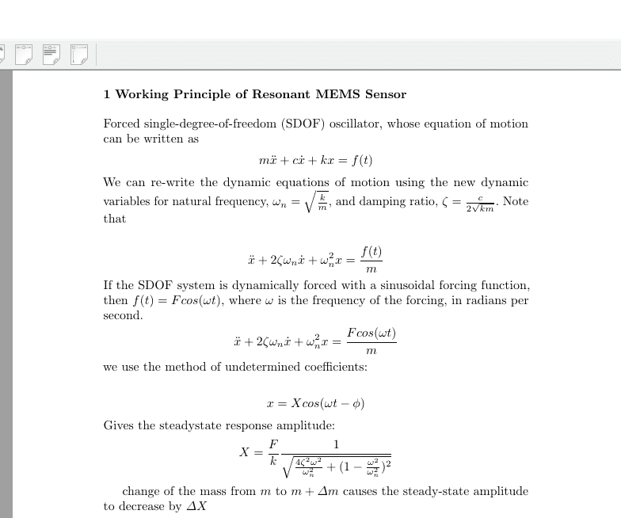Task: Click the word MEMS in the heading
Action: click(338, 94)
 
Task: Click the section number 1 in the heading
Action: click(107, 94)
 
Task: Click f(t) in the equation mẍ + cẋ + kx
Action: click(361, 160)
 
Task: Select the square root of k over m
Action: click(314, 201)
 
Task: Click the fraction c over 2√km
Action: click(480, 203)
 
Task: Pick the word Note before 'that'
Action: click(516, 201)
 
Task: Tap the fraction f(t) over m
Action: click(371, 261)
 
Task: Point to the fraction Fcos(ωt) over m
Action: click(371, 342)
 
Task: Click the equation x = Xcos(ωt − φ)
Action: click(315, 403)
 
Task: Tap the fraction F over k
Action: click(274, 452)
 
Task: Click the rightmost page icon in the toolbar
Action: click(79, 54)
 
